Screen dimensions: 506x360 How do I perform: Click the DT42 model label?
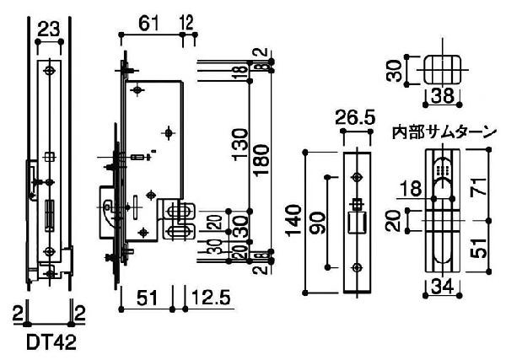pos(51,342)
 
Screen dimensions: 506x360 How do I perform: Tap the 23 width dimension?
pos(49,30)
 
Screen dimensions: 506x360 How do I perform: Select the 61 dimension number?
pos(148,24)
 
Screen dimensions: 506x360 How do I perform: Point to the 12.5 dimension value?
pos(211,297)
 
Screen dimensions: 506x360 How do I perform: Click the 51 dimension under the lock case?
pos(147,297)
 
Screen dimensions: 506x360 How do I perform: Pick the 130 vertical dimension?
pos(240,144)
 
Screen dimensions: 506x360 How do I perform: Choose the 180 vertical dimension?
pos(261,160)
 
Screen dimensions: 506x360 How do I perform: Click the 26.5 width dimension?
pos(355,117)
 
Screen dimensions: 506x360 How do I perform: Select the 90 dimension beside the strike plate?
pos(317,223)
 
